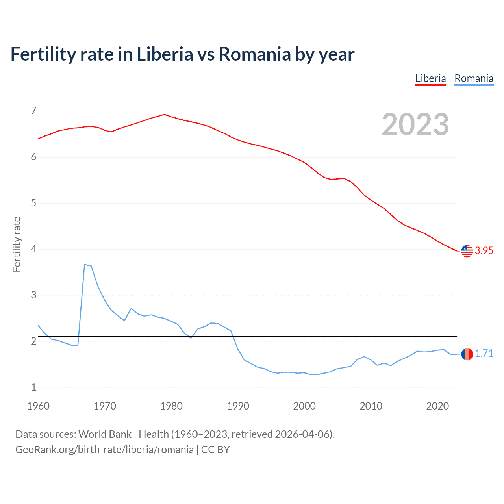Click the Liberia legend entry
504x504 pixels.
(x=430, y=79)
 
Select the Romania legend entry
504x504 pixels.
(x=474, y=79)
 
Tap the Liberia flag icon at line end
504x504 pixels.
(x=467, y=251)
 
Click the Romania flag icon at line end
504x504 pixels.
(x=467, y=354)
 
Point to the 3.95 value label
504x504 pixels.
(x=484, y=251)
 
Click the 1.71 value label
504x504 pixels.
(x=484, y=354)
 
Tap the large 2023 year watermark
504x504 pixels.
(x=415, y=124)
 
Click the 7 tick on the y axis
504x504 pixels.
(x=33, y=111)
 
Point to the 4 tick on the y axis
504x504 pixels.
(x=33, y=249)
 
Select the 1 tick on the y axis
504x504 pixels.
(x=33, y=387)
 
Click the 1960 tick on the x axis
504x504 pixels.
(x=38, y=406)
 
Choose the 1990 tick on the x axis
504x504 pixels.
(x=238, y=406)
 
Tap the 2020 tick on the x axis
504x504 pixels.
(x=437, y=406)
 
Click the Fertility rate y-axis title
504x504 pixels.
(x=17, y=244)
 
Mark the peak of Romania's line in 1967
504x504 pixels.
(x=85, y=265)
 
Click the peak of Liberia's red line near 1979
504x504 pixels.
(x=164, y=115)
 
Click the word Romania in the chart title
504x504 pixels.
(x=255, y=54)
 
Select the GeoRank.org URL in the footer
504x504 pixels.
(x=104, y=450)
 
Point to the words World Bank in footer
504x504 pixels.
(x=105, y=434)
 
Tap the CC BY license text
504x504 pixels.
(x=215, y=450)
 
